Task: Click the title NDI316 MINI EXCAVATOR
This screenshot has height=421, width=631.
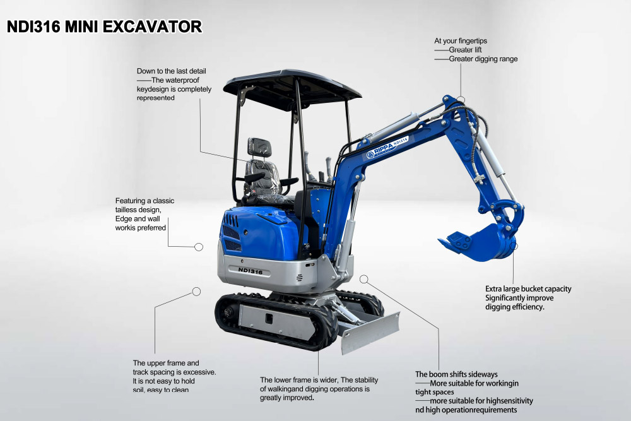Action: pyautogui.click(x=104, y=27)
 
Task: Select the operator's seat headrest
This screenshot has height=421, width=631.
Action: pyautogui.click(x=259, y=147)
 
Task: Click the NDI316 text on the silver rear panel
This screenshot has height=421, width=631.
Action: pyautogui.click(x=250, y=270)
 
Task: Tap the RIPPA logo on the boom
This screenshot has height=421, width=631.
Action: pyautogui.click(x=382, y=150)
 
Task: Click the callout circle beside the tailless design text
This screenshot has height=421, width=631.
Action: pyautogui.click(x=199, y=247)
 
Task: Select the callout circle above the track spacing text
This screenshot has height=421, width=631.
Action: pyautogui.click(x=196, y=292)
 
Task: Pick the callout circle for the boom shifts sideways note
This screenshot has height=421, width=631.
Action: pyautogui.click(x=363, y=278)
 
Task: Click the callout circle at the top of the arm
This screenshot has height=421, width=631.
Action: pyautogui.click(x=461, y=100)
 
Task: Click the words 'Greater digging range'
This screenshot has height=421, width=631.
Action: pyautogui.click(x=483, y=59)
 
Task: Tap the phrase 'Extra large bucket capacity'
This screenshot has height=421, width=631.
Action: pyautogui.click(x=528, y=289)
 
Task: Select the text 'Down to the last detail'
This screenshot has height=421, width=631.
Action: pyautogui.click(x=172, y=71)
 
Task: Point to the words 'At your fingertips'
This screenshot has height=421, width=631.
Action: pyautogui.click(x=461, y=41)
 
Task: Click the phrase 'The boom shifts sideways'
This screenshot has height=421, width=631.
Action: pyautogui.click(x=456, y=374)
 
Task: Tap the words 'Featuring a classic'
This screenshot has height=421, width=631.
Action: pyautogui.click(x=144, y=201)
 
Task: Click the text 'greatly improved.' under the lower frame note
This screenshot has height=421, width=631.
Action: pyautogui.click(x=287, y=398)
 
